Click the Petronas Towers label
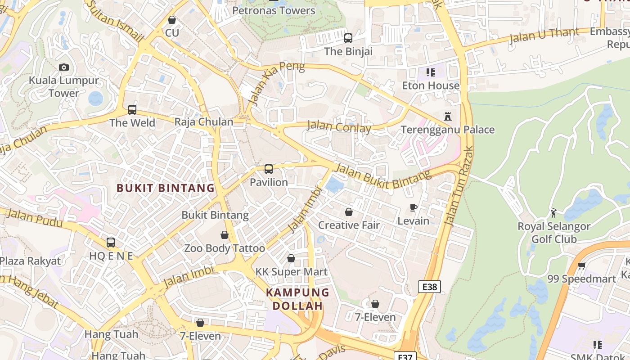pos(274,10)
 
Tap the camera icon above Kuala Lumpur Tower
pos(64,67)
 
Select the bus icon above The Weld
pos(132,109)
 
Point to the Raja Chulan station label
pos(204,121)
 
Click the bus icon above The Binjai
pos(348,38)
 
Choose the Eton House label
pos(431,85)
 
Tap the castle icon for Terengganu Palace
pos(448,117)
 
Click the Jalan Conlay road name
pos(339,126)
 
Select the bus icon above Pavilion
pos(269,169)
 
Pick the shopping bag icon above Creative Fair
pos(349,212)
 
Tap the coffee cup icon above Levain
pos(414,207)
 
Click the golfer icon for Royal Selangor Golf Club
pos(553,213)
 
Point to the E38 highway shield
pos(429,287)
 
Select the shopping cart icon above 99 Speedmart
pos(581,265)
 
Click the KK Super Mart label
pos(292,272)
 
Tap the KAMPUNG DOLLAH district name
pos(297,299)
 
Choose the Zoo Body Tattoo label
pos(225,248)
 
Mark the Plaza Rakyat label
pos(30,261)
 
